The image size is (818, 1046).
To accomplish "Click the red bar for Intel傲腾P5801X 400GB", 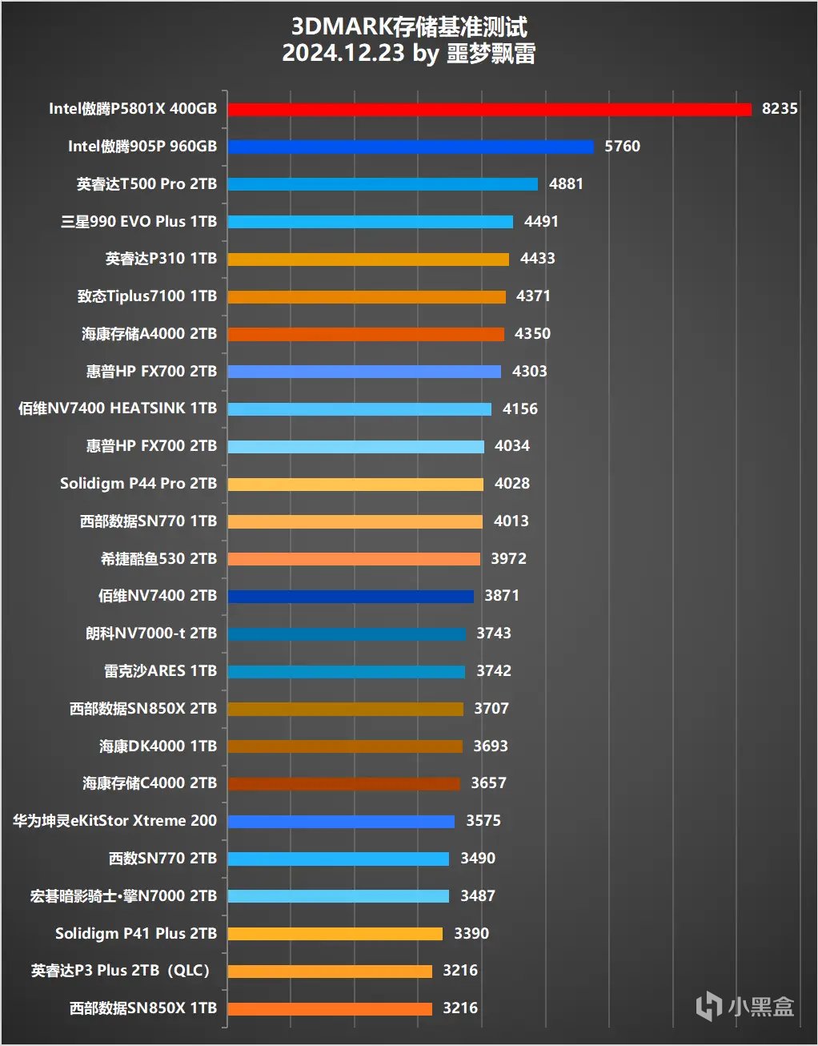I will tap(489, 109).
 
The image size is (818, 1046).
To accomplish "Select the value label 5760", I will tap(622, 147).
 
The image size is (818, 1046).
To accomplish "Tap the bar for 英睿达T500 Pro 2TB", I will tap(383, 184).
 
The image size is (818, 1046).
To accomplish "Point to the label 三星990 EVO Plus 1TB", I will tap(138, 222).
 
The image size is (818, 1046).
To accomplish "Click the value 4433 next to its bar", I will tap(537, 259).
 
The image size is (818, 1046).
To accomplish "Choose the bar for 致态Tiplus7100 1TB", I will tap(367, 296).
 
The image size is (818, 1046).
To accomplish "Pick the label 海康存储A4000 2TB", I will tap(149, 334).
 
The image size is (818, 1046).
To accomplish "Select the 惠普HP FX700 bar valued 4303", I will tap(364, 372).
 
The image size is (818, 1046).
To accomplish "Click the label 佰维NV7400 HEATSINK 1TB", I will tap(118, 408).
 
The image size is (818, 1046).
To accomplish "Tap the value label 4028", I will tap(511, 484).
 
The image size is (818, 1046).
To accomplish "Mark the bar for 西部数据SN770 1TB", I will tap(355, 521).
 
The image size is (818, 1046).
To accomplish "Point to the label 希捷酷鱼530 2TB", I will tap(158, 559).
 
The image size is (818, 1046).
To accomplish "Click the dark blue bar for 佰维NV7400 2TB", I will tap(351, 596).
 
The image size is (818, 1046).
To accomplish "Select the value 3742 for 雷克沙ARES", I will tap(493, 671).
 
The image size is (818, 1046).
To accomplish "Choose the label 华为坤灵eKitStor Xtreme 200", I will tap(114, 821).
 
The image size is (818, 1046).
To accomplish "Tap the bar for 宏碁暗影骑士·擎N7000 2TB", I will tap(338, 896).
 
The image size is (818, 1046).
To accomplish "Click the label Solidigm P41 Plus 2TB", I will tap(136, 934).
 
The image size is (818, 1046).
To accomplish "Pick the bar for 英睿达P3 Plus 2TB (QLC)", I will tap(330, 971).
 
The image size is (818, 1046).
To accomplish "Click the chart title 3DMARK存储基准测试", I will tap(408, 27).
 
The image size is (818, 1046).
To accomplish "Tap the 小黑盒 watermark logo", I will tap(744, 1006).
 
